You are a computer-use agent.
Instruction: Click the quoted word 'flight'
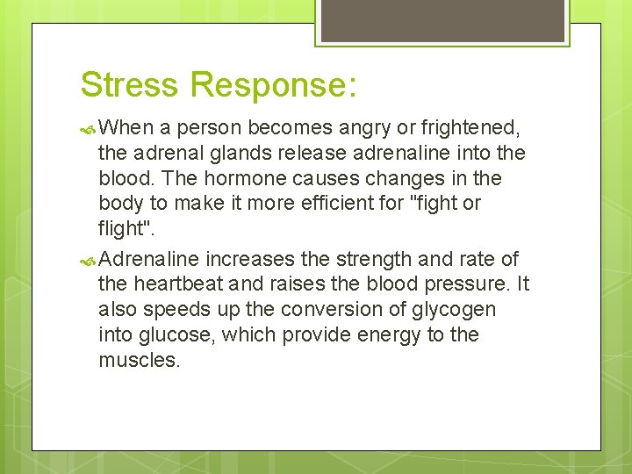[x=124, y=229]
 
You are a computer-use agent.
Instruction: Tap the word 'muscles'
[x=139, y=361]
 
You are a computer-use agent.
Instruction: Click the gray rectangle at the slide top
[x=442, y=19]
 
